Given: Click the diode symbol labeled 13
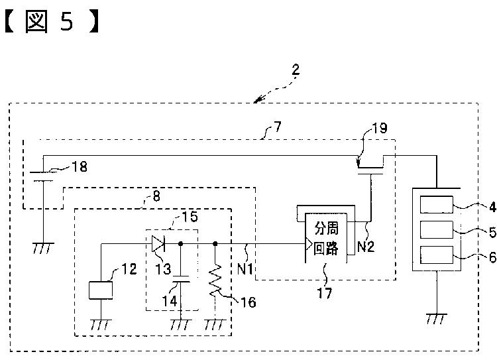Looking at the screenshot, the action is pyautogui.click(x=158, y=243).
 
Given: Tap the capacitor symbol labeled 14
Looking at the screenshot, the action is pyautogui.click(x=181, y=279).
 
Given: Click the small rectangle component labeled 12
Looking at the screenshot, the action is pyautogui.click(x=101, y=290).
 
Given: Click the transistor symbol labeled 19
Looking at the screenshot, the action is pyautogui.click(x=370, y=166).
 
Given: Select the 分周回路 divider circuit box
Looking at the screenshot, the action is pyautogui.click(x=326, y=237).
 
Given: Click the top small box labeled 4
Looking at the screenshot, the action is pyautogui.click(x=437, y=205).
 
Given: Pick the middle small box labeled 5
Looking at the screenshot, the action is pyautogui.click(x=437, y=229).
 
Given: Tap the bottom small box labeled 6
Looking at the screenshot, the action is pyautogui.click(x=437, y=255).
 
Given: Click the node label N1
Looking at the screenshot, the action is pyautogui.click(x=245, y=269).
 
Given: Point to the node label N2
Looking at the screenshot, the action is pyautogui.click(x=366, y=247).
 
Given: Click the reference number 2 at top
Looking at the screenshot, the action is pyautogui.click(x=296, y=70).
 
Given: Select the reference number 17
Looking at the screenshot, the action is pyautogui.click(x=325, y=293).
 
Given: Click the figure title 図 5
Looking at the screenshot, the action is pyautogui.click(x=52, y=21).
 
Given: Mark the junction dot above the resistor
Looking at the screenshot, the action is pyautogui.click(x=215, y=243).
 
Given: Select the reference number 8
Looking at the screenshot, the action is pyautogui.click(x=156, y=196).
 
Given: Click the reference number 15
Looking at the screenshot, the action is pyautogui.click(x=190, y=217).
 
